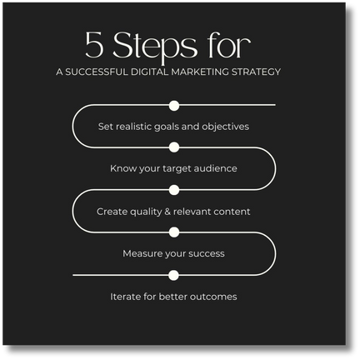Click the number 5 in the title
coord(94,44)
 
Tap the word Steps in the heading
coord(155,47)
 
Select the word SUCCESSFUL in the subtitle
coord(97,72)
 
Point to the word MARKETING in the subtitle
coord(200,72)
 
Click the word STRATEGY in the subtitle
coord(256,72)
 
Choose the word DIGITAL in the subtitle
coord(150,72)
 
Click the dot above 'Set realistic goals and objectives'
coord(174,106)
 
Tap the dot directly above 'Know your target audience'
coord(174,147)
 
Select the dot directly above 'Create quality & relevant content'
coord(174,190)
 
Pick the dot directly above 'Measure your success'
coord(174,232)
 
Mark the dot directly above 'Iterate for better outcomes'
coord(173,275)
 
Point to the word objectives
coord(225,127)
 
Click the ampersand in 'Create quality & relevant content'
coord(167,212)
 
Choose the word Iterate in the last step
coord(126,297)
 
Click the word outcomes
coord(213,297)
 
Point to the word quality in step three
coord(146,212)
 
